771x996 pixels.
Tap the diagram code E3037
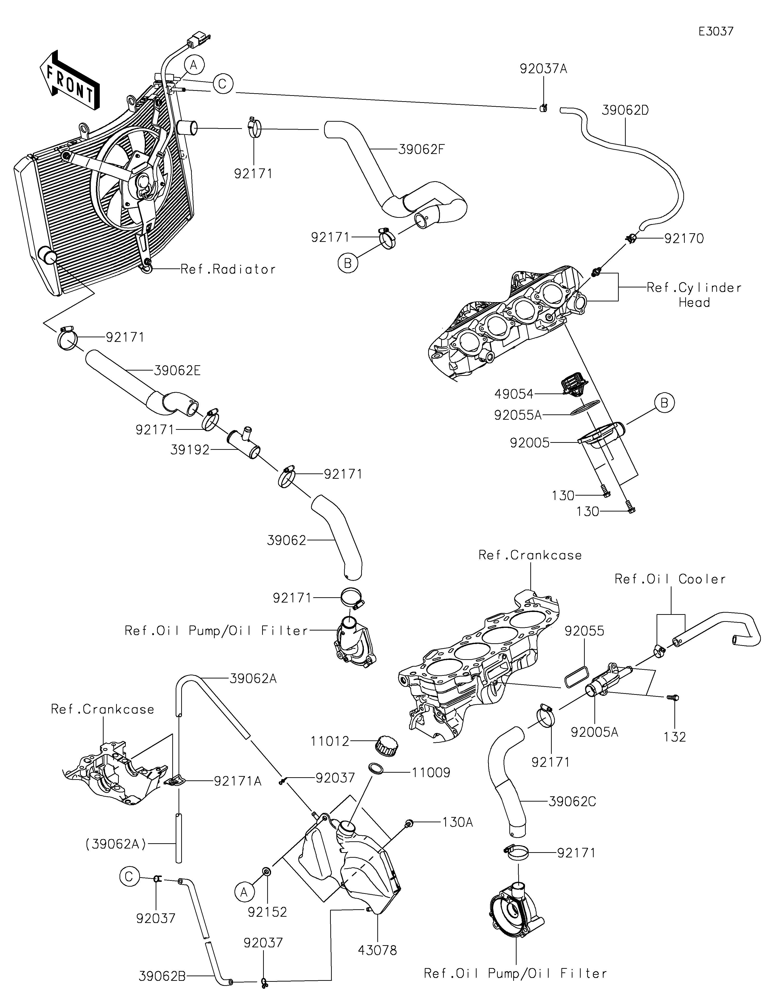click(716, 32)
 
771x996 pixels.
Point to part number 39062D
click(625, 110)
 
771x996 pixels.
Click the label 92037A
click(544, 69)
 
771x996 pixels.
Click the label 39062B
click(162, 976)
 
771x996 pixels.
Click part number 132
click(675, 737)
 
